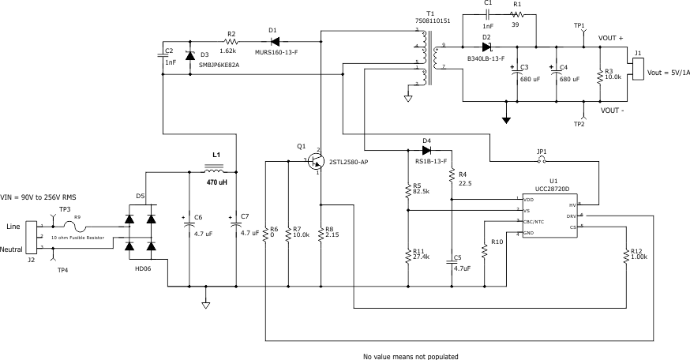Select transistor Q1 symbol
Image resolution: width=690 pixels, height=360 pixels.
(317, 161)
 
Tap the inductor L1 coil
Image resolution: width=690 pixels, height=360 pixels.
(215, 169)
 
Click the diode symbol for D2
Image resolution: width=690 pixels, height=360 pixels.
(486, 47)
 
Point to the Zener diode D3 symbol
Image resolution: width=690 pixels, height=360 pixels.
(189, 56)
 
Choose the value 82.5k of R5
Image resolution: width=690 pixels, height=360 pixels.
(420, 191)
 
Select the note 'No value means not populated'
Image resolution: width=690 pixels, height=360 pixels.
(410, 355)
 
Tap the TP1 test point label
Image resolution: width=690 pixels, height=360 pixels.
(579, 25)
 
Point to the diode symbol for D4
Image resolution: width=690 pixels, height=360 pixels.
(426, 149)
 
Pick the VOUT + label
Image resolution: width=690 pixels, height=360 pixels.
(611, 37)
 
